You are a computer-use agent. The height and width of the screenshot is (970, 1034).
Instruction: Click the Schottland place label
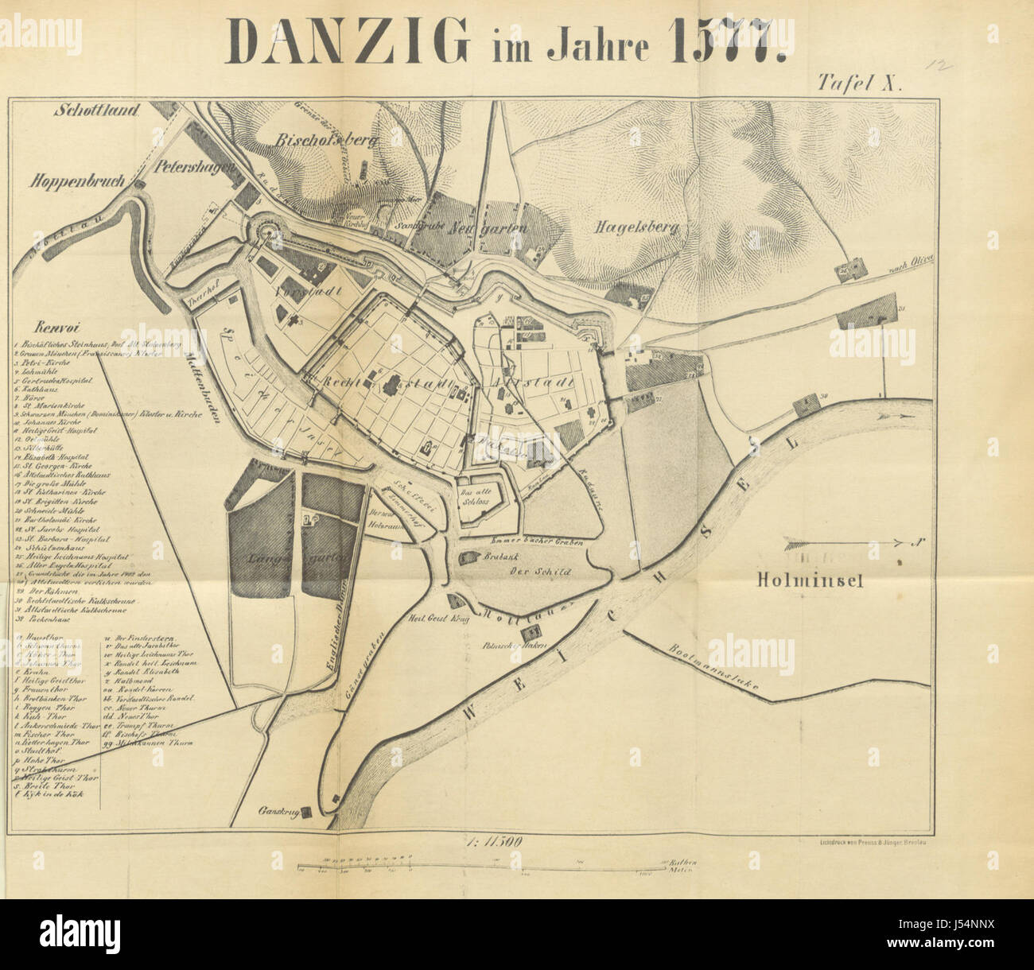[x=98, y=111]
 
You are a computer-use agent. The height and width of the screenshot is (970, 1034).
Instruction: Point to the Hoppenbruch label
[x=79, y=181]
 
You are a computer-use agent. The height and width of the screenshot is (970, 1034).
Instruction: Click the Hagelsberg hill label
[x=636, y=228]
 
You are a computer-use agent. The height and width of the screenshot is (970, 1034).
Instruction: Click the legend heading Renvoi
[x=54, y=326]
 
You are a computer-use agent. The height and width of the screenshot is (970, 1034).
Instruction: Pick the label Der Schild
[x=530, y=572]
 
